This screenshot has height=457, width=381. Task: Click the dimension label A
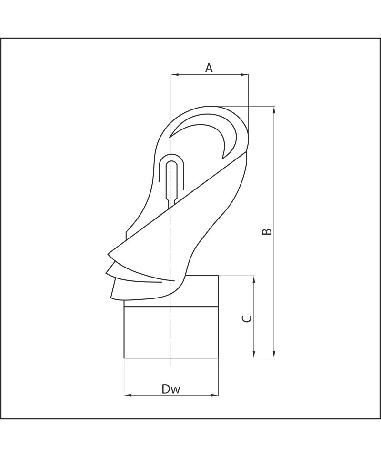[x=209, y=68]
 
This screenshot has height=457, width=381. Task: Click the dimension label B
[x=267, y=232]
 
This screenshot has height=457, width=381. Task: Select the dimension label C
[x=247, y=318]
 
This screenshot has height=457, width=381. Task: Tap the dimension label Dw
[x=171, y=389]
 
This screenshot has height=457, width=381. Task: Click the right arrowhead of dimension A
[x=245, y=75]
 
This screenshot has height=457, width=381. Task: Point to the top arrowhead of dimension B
[x=274, y=110]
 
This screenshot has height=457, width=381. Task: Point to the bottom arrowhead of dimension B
[x=274, y=354]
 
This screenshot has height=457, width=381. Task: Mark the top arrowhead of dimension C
[x=254, y=279]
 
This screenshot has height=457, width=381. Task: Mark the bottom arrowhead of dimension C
[x=254, y=354]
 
